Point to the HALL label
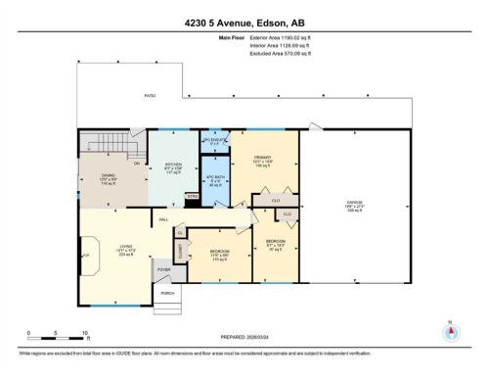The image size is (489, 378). coord(163,219)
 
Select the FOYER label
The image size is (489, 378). coord(163,269)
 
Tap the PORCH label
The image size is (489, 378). coord(166,293)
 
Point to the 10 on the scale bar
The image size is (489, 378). coord(85,333)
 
